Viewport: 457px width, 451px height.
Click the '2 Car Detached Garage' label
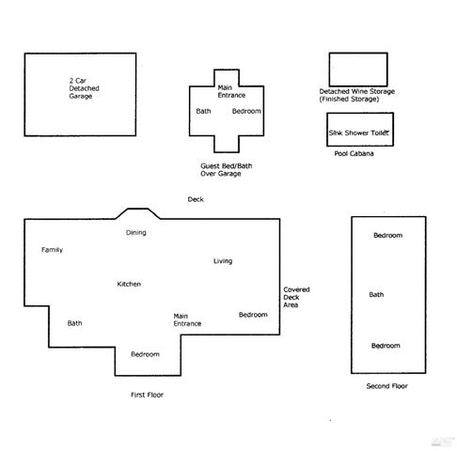[84, 87]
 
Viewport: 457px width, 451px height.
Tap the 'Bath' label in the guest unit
[203, 112]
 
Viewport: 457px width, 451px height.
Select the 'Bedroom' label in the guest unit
[246, 112]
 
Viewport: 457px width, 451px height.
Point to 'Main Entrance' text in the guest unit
[230, 89]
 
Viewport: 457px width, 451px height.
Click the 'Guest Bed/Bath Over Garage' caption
[227, 170]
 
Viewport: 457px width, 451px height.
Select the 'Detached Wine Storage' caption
[356, 95]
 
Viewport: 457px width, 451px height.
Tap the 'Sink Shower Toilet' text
[358, 133]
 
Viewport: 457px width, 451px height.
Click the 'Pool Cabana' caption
[354, 154]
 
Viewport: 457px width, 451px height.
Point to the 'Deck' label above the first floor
[196, 199]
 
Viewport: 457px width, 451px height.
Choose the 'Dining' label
[136, 232]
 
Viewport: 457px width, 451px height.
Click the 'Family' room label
[52, 250]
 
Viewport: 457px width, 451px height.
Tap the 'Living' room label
[223, 260]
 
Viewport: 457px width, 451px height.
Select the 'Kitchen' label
[129, 284]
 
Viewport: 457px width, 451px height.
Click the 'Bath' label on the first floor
[75, 323]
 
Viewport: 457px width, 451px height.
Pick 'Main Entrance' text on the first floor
[187, 319]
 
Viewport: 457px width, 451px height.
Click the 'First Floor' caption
[147, 396]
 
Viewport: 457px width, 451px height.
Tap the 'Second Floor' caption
[386, 386]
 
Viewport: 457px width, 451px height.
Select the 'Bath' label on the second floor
[376, 295]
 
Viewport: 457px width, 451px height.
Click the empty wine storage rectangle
[357, 68]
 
